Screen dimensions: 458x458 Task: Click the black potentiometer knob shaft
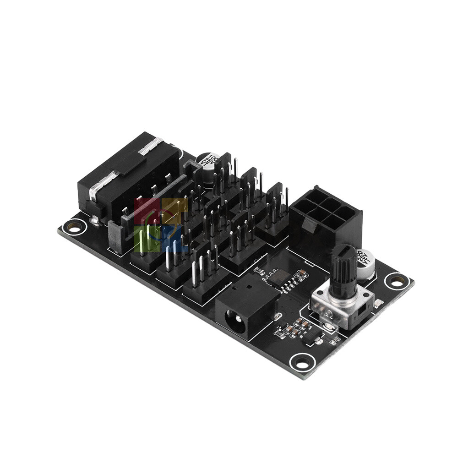(343, 270)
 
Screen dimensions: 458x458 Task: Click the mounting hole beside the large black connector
(74, 226)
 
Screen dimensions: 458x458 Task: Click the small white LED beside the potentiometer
(378, 303)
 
